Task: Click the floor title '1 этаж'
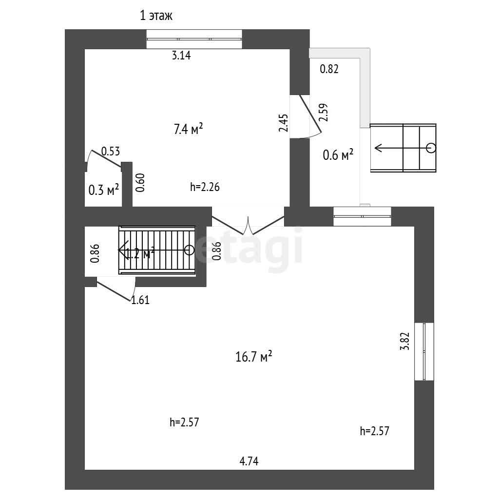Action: coord(156,16)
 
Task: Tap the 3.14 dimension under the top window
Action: coord(181,56)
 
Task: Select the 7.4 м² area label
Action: coord(188,130)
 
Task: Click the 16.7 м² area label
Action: coord(253,357)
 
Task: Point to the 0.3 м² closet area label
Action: coord(104,190)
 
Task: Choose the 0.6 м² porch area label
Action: coord(338,155)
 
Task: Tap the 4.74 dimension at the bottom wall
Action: coord(249,461)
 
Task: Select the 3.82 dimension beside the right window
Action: coord(404,342)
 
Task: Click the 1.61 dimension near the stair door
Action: coord(140,301)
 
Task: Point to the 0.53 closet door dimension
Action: coord(110,152)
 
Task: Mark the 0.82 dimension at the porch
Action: coord(329,69)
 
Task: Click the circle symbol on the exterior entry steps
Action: coord(431,148)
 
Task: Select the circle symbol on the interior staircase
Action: coord(189,250)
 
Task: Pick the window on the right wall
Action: coord(424,351)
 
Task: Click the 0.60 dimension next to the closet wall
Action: coord(140,183)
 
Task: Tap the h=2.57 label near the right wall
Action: coord(374,431)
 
